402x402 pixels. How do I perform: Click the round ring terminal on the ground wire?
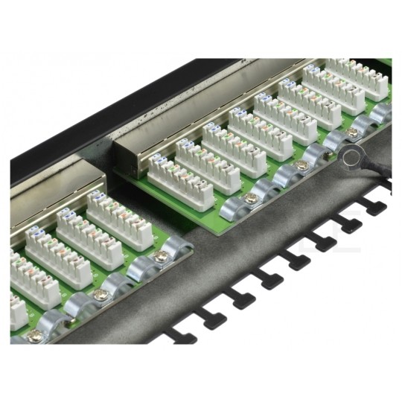tap(349, 155)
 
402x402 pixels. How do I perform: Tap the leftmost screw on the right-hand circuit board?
tap(252, 198)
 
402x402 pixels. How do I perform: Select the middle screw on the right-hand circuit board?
tap(301, 165)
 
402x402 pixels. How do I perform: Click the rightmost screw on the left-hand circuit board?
tap(160, 257)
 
